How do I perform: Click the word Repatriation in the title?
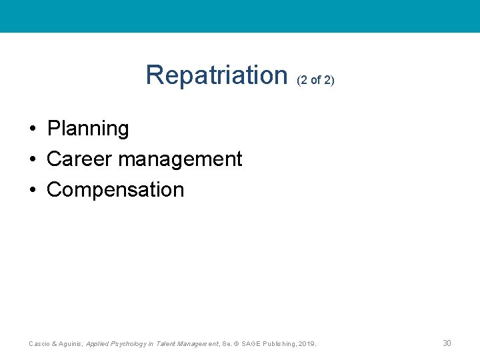click(x=216, y=75)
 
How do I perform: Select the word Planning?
click(x=88, y=129)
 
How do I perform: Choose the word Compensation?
click(x=115, y=190)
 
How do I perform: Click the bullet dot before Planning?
click(x=32, y=129)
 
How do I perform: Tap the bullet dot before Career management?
click(x=32, y=159)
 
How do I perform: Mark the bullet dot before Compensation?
click(x=32, y=190)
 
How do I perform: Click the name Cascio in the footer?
click(x=39, y=344)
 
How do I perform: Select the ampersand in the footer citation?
click(x=53, y=344)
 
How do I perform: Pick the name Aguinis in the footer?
click(x=70, y=344)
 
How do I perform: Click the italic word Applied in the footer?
click(x=98, y=344)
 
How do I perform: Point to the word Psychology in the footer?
click(x=129, y=344)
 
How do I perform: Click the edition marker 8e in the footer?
click(x=225, y=344)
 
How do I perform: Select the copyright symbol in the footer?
click(x=237, y=344)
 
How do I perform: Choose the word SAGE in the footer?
click(x=251, y=344)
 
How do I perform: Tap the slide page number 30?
click(x=447, y=343)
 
